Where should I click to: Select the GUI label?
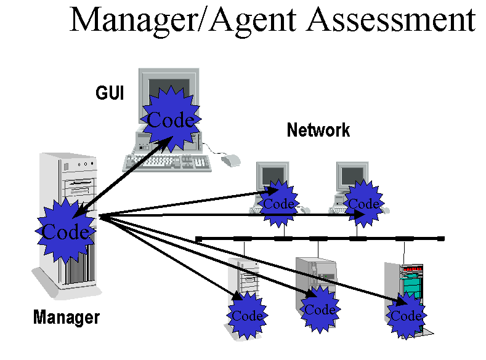pyautogui.click(x=110, y=93)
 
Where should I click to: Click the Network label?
pyautogui.click(x=318, y=130)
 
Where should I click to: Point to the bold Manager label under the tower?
pyautogui.click(x=66, y=318)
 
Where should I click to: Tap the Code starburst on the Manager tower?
pyautogui.click(x=65, y=231)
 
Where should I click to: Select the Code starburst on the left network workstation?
pyautogui.click(x=279, y=204)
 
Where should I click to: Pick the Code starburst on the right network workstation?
pyautogui.click(x=363, y=204)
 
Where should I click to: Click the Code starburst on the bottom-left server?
pyautogui.click(x=247, y=316)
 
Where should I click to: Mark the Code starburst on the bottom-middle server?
pyautogui.click(x=320, y=310)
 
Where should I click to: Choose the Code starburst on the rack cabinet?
pyautogui.click(x=406, y=316)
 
